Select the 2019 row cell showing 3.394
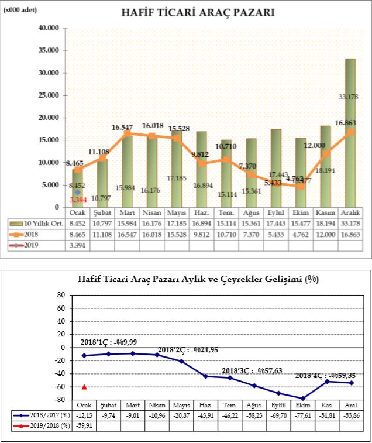pos(78,245)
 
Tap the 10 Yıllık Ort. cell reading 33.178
pos(349,223)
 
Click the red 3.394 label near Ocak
pos(78,200)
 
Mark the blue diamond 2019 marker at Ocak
pos(78,192)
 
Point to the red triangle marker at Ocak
pos(84,386)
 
